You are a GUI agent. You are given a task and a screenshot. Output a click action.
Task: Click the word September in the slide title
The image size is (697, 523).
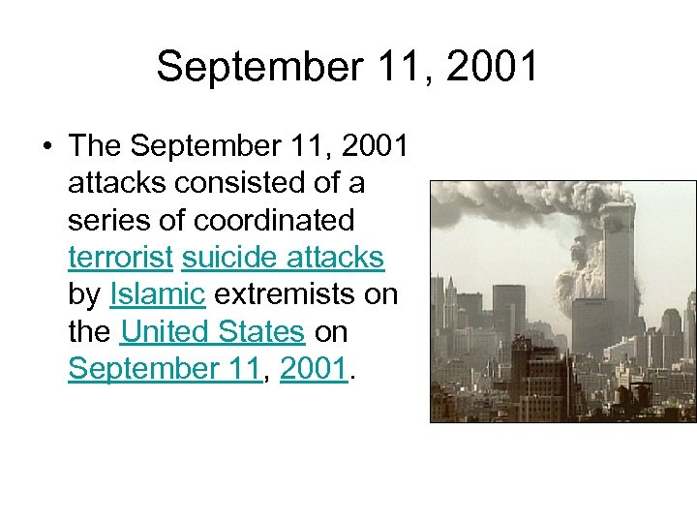click(239, 67)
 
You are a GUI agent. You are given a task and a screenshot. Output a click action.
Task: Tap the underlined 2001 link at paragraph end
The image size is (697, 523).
click(313, 368)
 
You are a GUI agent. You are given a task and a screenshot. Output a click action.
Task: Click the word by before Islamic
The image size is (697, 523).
click(84, 293)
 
